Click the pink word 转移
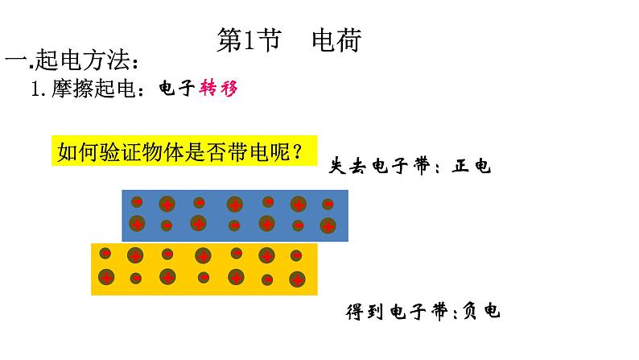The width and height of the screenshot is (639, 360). pyautogui.click(x=220, y=89)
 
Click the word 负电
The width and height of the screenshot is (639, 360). pyautogui.click(x=482, y=311)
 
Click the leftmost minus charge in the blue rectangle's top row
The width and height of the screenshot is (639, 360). pyautogui.click(x=137, y=201)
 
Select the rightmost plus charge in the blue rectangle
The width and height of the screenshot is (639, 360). pyautogui.click(x=328, y=225)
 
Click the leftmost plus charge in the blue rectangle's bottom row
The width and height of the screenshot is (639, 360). pyautogui.click(x=137, y=223)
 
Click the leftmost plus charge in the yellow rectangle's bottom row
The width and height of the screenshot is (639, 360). pyautogui.click(x=106, y=278)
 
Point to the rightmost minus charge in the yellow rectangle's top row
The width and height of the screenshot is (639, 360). pyautogui.click(x=296, y=256)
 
